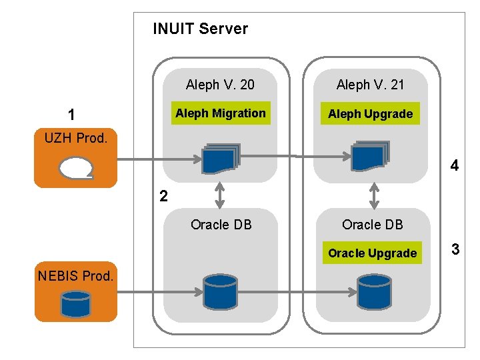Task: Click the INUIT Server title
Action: (x=200, y=29)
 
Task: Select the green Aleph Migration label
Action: (x=221, y=113)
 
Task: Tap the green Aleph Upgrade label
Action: (x=370, y=113)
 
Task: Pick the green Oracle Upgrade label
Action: (x=372, y=253)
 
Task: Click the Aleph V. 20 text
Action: (x=220, y=85)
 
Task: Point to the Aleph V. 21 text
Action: (x=370, y=85)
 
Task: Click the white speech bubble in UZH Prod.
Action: (x=76, y=168)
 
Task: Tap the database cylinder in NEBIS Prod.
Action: (x=75, y=304)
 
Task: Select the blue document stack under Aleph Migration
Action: (x=221, y=158)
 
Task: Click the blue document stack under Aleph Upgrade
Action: (x=370, y=156)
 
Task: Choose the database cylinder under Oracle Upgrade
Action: (x=375, y=292)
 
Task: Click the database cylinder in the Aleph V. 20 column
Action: (x=221, y=292)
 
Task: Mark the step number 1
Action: (x=71, y=115)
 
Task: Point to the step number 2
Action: (x=164, y=196)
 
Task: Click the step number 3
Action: (x=455, y=249)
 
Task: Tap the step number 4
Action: (x=455, y=165)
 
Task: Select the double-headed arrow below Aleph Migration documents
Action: (x=220, y=195)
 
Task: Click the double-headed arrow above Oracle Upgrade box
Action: (x=374, y=196)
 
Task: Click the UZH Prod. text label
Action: (x=76, y=138)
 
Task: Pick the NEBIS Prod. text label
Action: (x=75, y=276)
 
